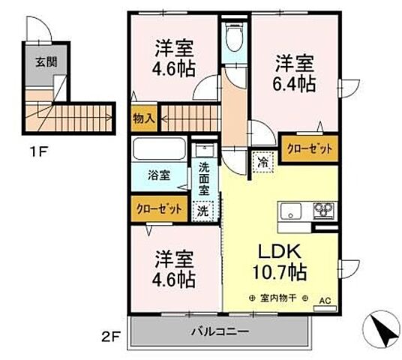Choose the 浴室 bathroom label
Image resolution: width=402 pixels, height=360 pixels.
(158, 175)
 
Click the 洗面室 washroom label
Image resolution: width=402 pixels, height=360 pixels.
(204, 179)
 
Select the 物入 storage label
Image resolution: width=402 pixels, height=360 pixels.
(143, 118)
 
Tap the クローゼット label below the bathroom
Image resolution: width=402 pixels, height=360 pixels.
(158, 208)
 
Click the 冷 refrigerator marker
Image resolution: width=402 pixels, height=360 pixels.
(263, 160)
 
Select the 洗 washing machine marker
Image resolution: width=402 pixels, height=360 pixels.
(202, 211)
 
